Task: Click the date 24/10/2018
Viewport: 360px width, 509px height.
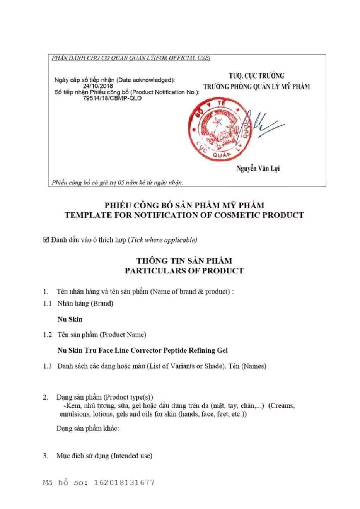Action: (98, 86)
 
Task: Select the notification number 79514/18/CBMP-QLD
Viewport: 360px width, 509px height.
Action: (112, 98)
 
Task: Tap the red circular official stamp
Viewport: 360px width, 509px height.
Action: (219, 130)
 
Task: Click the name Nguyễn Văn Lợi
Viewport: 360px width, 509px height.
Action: (258, 169)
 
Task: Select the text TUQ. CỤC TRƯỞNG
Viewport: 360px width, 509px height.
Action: (256, 76)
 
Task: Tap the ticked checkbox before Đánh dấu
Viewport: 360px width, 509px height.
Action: (46, 240)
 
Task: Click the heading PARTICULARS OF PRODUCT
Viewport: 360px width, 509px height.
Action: (184, 271)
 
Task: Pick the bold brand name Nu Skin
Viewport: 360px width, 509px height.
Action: (70, 319)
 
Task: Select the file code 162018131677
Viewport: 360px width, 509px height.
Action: (124, 483)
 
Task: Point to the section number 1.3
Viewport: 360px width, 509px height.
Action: (47, 366)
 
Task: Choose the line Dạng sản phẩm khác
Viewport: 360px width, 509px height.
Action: (88, 429)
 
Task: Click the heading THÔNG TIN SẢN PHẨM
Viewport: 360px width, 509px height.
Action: (184, 261)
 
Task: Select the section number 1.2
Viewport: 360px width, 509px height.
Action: (47, 335)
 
